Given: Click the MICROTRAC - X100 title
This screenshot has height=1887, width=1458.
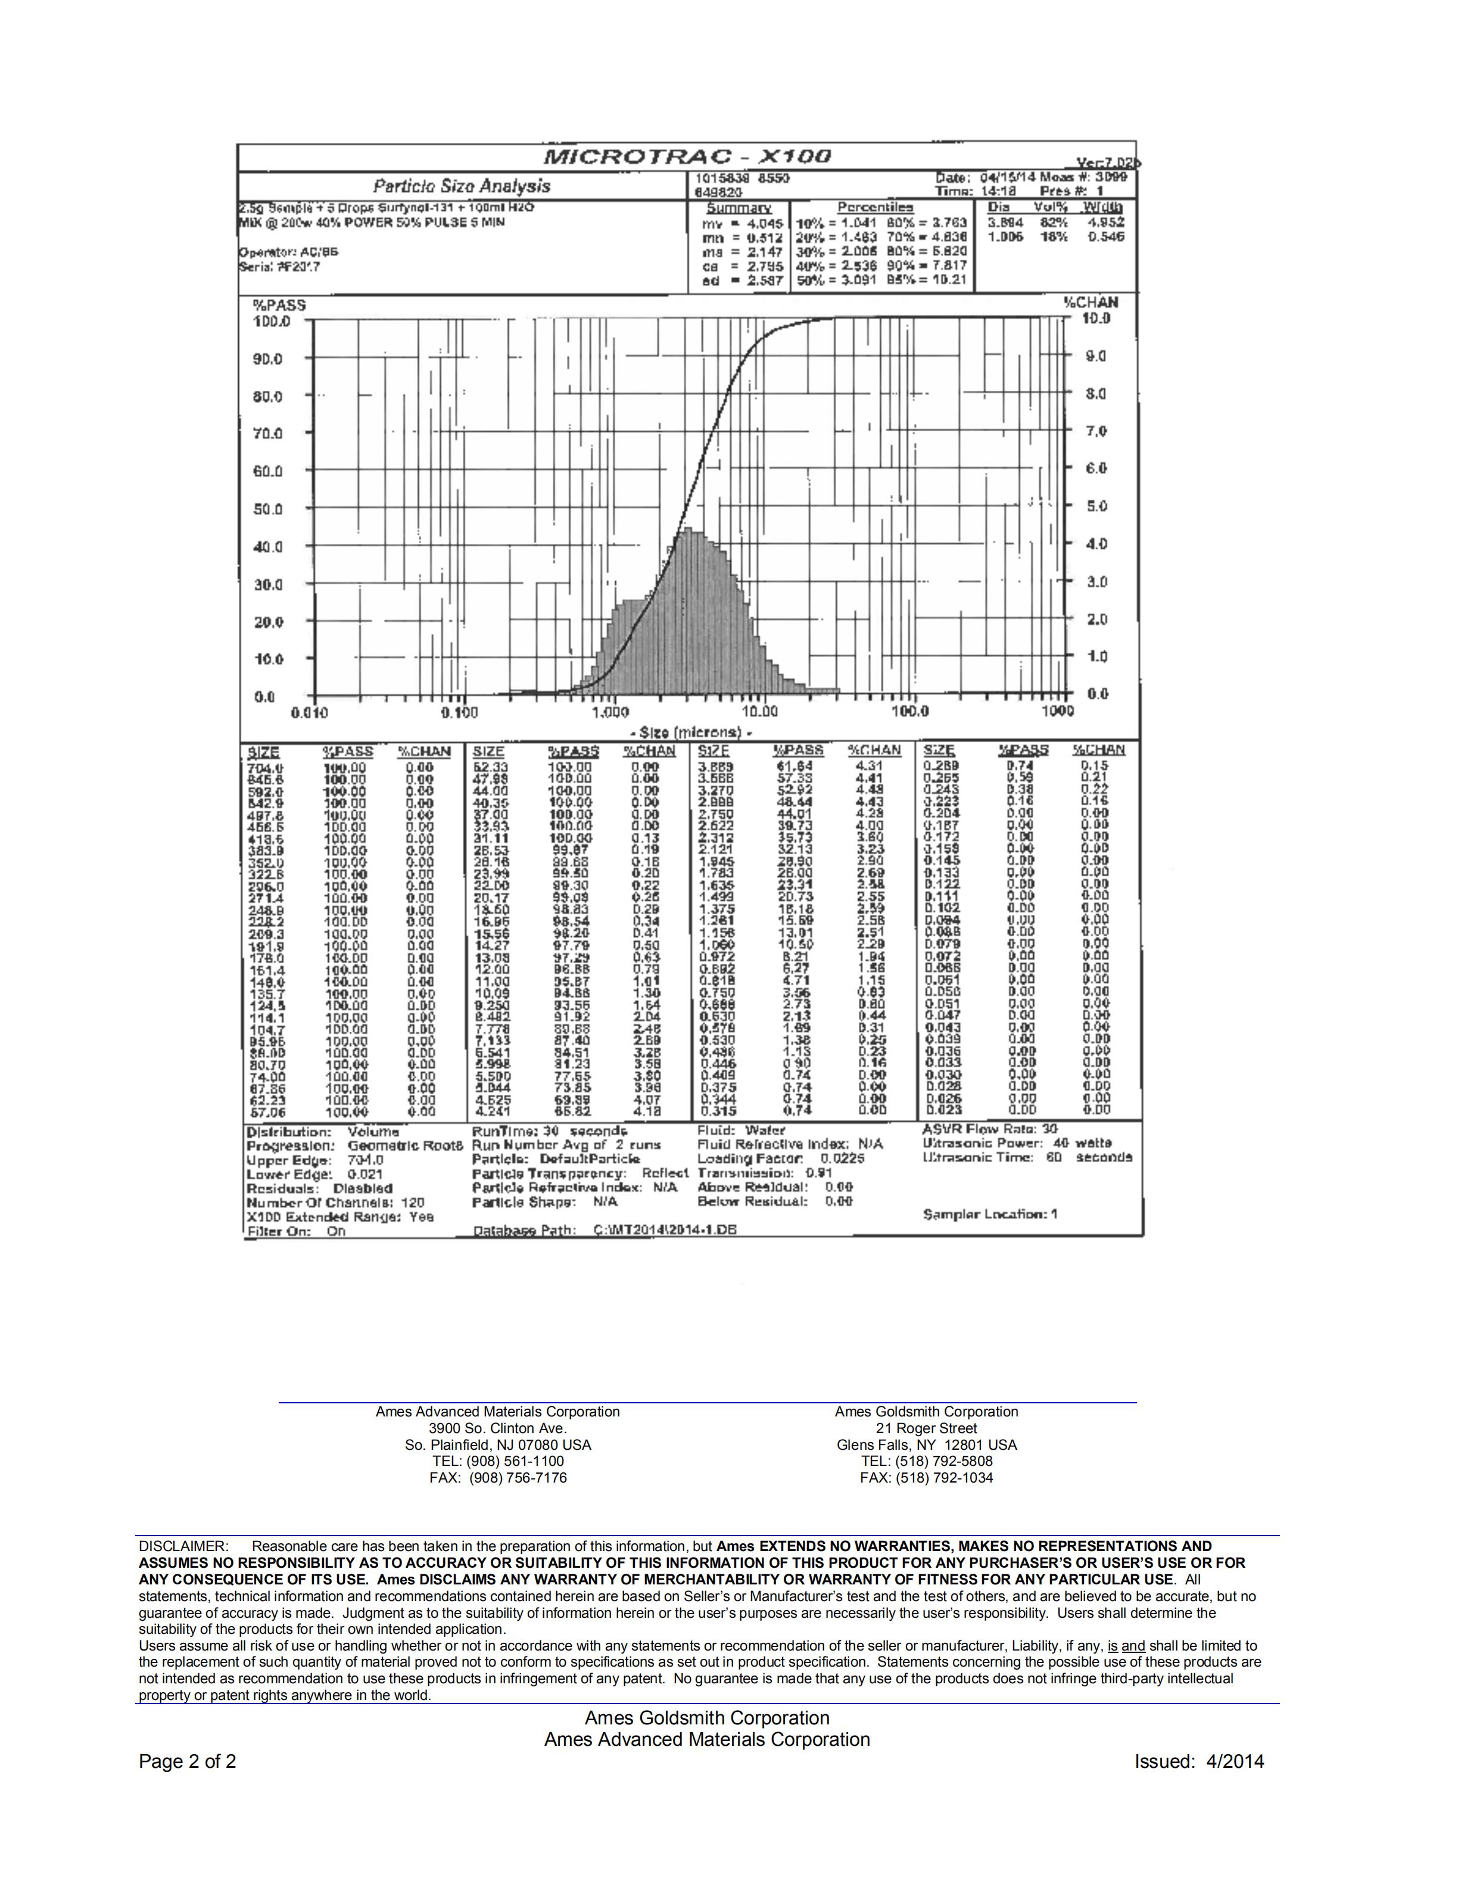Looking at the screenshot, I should (687, 157).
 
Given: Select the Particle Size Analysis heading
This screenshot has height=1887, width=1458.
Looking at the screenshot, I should (461, 186).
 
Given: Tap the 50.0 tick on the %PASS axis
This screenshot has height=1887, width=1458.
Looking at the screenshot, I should (268, 509).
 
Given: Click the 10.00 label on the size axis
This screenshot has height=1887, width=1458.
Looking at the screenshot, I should (759, 711).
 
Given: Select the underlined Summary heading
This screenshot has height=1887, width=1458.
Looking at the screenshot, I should (739, 208).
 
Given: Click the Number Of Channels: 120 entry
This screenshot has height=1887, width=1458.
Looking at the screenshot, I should (335, 1203).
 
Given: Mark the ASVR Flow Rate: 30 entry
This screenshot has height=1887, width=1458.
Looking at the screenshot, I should (990, 1129).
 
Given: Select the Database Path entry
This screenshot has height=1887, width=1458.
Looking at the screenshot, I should (605, 1229).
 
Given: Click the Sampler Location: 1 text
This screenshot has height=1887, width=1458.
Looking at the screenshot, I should (990, 1214).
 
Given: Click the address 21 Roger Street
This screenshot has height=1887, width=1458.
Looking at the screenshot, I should (926, 1428).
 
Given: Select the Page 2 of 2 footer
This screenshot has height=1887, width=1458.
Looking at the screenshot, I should (188, 1762).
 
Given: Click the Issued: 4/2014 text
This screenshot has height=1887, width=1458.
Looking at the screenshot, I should (1199, 1762).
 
